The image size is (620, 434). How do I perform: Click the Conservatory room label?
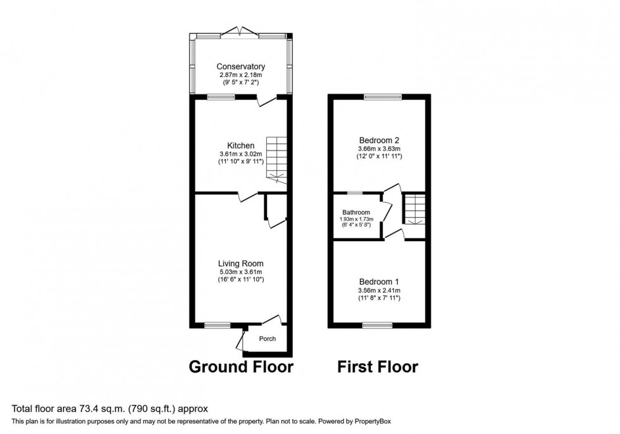point(240,66)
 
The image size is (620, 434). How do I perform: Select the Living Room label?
point(240,263)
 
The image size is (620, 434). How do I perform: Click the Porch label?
point(268,338)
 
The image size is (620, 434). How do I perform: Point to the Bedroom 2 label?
point(379,140)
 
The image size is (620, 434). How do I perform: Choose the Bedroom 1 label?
point(379,281)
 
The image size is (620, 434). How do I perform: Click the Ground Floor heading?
point(242,367)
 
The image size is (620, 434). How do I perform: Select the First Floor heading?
point(377,367)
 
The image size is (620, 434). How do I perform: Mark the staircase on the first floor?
point(414,209)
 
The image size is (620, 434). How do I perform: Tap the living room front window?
point(218,325)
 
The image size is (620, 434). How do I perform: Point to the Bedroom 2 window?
point(382,97)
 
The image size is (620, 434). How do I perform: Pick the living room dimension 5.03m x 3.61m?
point(240,272)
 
